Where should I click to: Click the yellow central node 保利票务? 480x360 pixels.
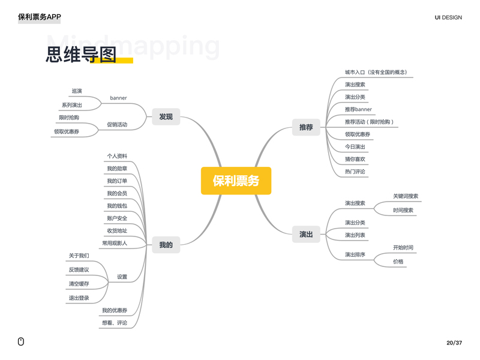(x=236, y=181)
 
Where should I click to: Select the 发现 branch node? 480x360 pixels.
(x=166, y=116)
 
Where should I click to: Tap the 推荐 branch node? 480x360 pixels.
(x=306, y=127)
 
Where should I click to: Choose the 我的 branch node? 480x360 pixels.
(x=166, y=245)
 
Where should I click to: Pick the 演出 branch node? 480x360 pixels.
(x=306, y=234)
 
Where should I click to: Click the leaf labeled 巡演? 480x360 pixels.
(x=77, y=91)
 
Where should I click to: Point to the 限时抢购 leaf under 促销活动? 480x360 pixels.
(x=69, y=118)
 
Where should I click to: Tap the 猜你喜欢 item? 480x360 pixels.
(x=355, y=159)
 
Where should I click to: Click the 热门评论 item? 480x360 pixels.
(x=355, y=172)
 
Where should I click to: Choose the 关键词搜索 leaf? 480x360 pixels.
(x=406, y=196)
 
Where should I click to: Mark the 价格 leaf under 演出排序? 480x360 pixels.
(x=398, y=262)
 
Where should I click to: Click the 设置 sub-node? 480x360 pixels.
(x=122, y=277)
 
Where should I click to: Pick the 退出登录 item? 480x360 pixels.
(x=79, y=298)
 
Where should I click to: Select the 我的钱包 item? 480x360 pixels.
(x=117, y=206)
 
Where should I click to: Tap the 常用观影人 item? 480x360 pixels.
(x=115, y=243)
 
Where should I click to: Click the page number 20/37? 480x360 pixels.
(x=454, y=343)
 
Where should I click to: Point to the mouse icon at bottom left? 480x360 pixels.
(x=21, y=342)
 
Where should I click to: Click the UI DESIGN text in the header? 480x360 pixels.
(x=448, y=17)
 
